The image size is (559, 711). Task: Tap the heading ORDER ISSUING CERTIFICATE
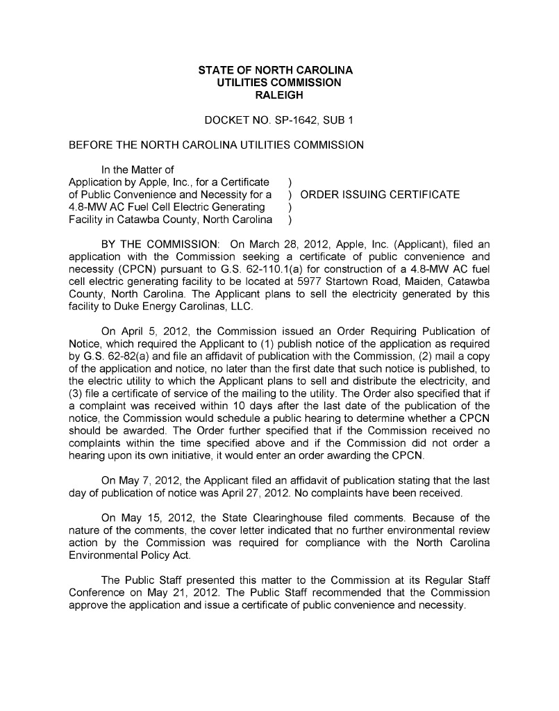(380, 195)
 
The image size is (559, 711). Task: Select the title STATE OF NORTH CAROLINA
(276, 70)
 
